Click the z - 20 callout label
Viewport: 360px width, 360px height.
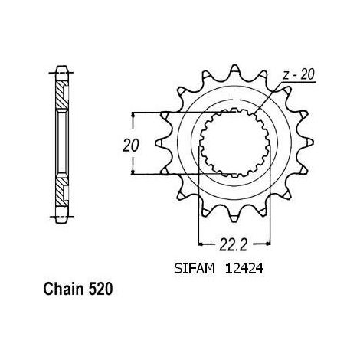point(299,75)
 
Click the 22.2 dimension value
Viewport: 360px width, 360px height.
point(234,245)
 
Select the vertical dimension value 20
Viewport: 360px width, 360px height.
point(131,146)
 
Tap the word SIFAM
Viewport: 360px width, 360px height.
point(195,269)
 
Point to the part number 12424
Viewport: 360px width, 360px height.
point(244,269)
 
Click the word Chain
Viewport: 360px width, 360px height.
point(64,289)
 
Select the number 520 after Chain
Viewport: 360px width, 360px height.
point(100,289)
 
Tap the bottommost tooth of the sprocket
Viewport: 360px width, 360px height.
point(234,217)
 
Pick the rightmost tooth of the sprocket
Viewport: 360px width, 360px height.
point(307,143)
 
